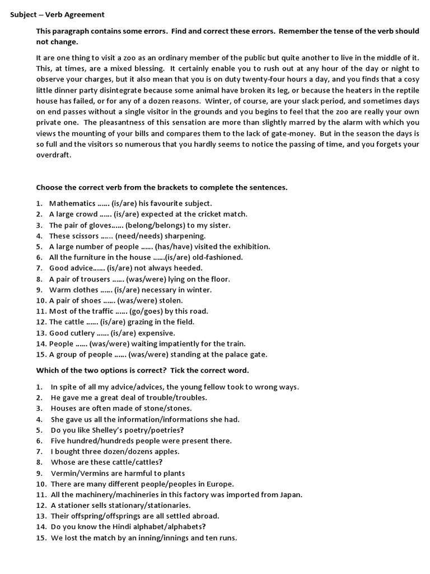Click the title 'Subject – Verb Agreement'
coord(57,15)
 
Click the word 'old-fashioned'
coord(216,257)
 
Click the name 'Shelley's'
coord(113,430)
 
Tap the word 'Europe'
coord(220,484)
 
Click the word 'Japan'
coord(291,495)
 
